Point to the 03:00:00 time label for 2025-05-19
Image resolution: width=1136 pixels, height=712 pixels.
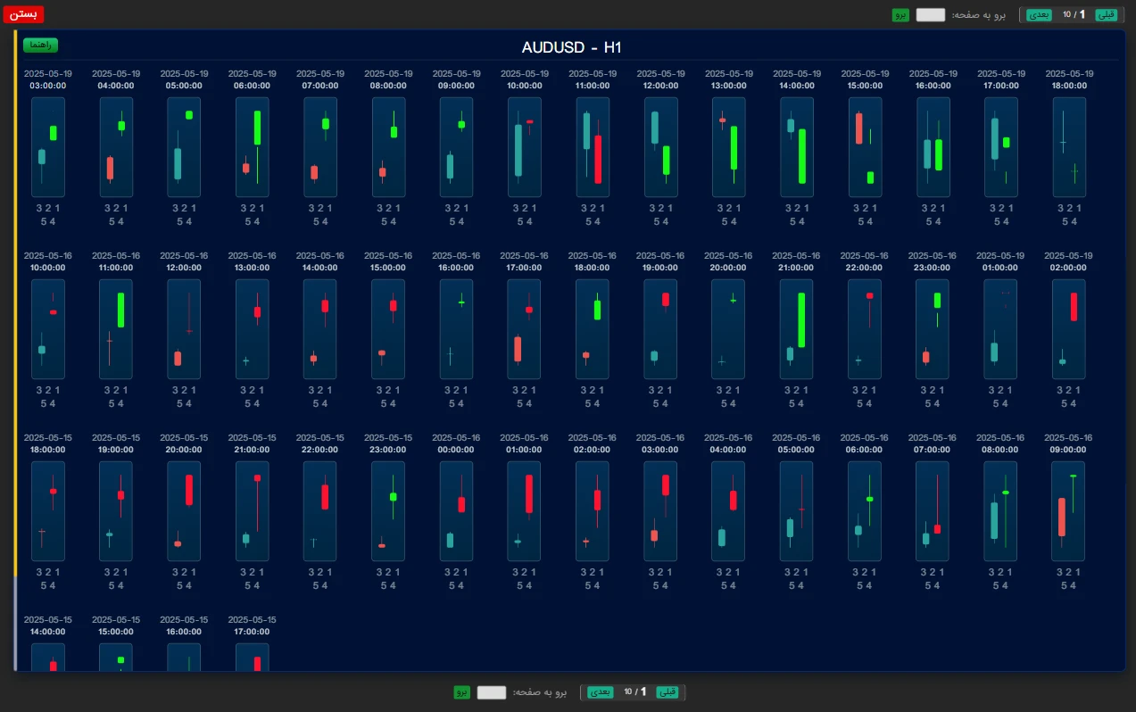click(x=48, y=86)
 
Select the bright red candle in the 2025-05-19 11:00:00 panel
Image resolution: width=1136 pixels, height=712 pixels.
click(x=598, y=159)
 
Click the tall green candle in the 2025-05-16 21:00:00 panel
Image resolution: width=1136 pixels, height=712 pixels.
click(x=801, y=319)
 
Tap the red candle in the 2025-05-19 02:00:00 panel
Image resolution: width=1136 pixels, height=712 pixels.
click(x=1074, y=306)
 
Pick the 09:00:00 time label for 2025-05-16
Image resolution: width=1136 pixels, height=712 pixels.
click(x=1068, y=450)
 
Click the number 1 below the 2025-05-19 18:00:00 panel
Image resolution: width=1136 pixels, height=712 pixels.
click(x=1080, y=208)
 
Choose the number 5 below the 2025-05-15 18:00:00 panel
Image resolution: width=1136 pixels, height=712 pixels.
click(x=44, y=585)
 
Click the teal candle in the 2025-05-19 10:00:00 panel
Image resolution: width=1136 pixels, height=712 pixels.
click(x=518, y=150)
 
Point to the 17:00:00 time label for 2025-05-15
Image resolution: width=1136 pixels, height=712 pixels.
click(x=253, y=632)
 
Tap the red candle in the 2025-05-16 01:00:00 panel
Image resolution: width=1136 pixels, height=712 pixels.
click(x=529, y=493)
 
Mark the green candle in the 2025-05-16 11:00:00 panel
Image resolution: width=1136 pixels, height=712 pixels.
click(x=120, y=310)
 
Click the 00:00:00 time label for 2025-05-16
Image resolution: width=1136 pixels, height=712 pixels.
click(x=456, y=450)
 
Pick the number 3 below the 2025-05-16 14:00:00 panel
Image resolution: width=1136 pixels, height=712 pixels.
click(x=311, y=390)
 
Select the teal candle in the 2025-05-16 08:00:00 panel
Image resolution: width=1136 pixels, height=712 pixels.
click(x=994, y=520)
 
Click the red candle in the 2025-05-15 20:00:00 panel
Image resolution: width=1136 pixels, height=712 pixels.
click(x=189, y=490)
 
